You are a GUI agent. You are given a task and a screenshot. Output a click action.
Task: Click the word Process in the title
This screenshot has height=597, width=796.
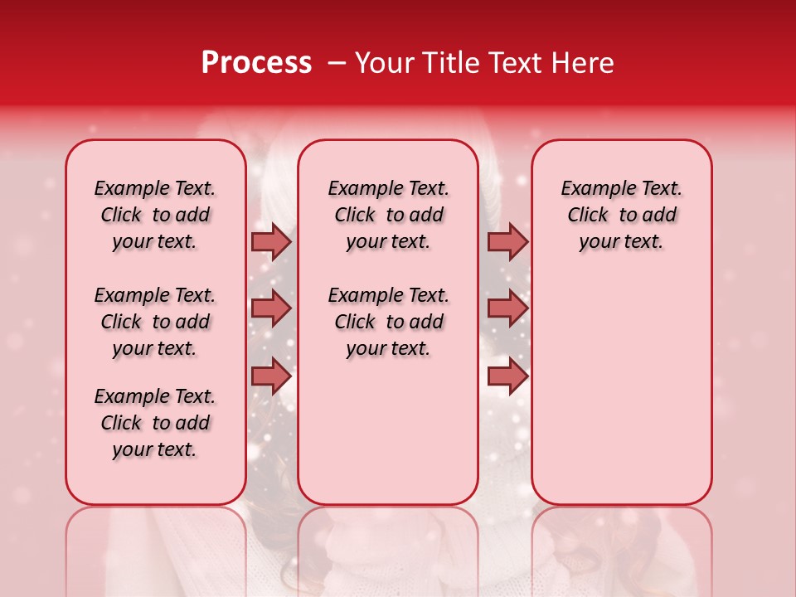tap(256, 63)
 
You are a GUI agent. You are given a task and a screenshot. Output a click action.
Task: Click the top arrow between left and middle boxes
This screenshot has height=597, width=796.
tap(271, 241)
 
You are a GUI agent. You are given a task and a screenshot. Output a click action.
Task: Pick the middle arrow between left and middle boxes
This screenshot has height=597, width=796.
tap(271, 308)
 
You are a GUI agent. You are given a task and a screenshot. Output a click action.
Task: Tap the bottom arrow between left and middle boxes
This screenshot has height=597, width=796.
tap(271, 376)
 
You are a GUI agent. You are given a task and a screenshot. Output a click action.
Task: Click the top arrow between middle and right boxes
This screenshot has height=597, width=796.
tap(507, 241)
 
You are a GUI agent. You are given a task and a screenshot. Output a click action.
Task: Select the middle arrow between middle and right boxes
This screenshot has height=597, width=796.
tap(507, 308)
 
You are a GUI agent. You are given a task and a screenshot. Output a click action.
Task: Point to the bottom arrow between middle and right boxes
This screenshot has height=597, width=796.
tap(507, 376)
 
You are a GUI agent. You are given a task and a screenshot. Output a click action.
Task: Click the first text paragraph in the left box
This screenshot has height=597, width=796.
tap(155, 215)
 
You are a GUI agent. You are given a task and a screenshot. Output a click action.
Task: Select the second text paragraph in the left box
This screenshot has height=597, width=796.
tap(155, 322)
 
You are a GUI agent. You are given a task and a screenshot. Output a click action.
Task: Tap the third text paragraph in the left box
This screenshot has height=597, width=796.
tap(155, 423)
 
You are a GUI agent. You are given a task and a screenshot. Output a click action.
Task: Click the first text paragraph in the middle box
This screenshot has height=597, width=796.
tap(388, 215)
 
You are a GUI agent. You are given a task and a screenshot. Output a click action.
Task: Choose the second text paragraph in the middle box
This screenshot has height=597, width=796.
tap(388, 322)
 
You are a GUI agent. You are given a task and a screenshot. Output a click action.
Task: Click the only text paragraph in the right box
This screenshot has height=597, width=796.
tap(621, 215)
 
